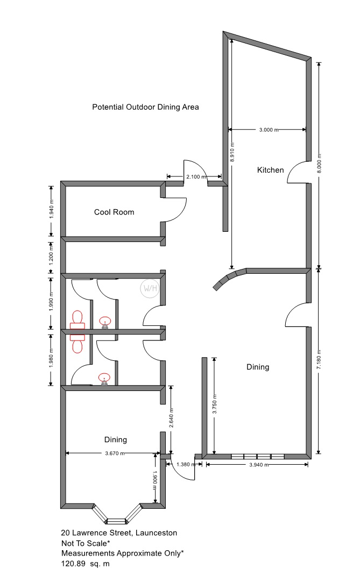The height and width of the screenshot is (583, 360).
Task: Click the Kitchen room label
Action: tap(270, 170)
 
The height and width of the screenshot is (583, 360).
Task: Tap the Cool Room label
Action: tap(114, 212)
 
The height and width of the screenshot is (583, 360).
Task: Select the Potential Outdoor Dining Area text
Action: tap(145, 107)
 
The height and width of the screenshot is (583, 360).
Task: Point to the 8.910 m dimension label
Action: tap(232, 152)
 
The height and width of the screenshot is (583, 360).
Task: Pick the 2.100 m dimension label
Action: tap(196, 177)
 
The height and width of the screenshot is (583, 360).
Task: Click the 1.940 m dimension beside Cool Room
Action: tap(52, 209)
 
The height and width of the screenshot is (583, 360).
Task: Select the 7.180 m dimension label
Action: tap(319, 360)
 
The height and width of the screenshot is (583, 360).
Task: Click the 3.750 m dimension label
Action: tap(214, 404)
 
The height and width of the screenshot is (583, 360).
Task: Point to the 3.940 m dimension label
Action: tap(259, 465)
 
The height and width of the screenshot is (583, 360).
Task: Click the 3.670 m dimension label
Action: tap(115, 453)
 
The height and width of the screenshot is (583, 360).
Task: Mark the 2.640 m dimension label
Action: tap(172, 418)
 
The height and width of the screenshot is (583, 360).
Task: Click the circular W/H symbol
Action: tap(150, 288)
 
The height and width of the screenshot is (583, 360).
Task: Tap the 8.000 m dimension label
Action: tap(319, 163)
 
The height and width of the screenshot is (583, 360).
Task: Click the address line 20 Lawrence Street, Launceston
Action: tap(119, 533)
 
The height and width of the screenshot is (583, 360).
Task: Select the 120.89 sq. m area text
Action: tap(85, 564)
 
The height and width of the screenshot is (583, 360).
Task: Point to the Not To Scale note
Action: tap(86, 543)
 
